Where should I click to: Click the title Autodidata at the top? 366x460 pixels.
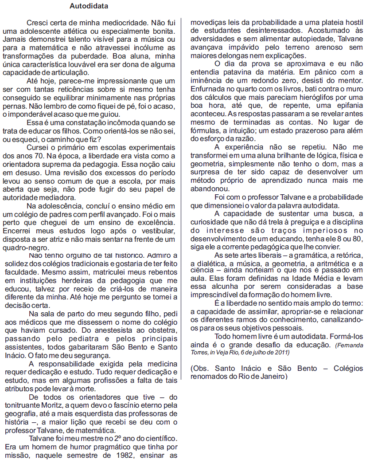pos(89,6)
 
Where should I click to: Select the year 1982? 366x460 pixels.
pos(129,456)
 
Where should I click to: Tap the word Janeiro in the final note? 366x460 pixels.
pos(273,376)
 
